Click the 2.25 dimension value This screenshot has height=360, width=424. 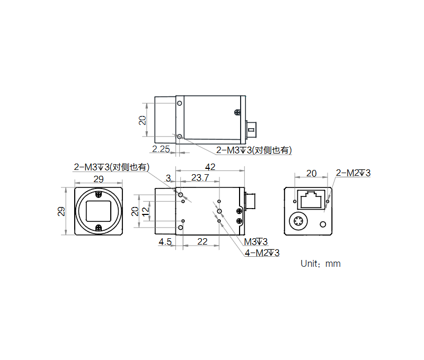point(161,149)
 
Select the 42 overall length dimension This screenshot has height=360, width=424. point(210,167)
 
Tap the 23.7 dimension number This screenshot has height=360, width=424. point(199,178)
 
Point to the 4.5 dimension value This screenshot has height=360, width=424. point(165,242)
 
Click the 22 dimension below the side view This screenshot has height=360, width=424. point(201,242)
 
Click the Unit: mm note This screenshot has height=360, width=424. point(320,263)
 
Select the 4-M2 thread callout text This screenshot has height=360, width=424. point(261,253)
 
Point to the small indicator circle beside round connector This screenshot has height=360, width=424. point(322,224)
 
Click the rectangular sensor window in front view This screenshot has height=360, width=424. point(99,211)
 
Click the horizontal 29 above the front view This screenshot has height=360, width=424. point(99,179)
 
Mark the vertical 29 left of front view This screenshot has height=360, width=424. point(62,211)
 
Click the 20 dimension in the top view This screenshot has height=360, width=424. point(143,120)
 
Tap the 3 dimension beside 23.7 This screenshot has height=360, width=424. point(169,177)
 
